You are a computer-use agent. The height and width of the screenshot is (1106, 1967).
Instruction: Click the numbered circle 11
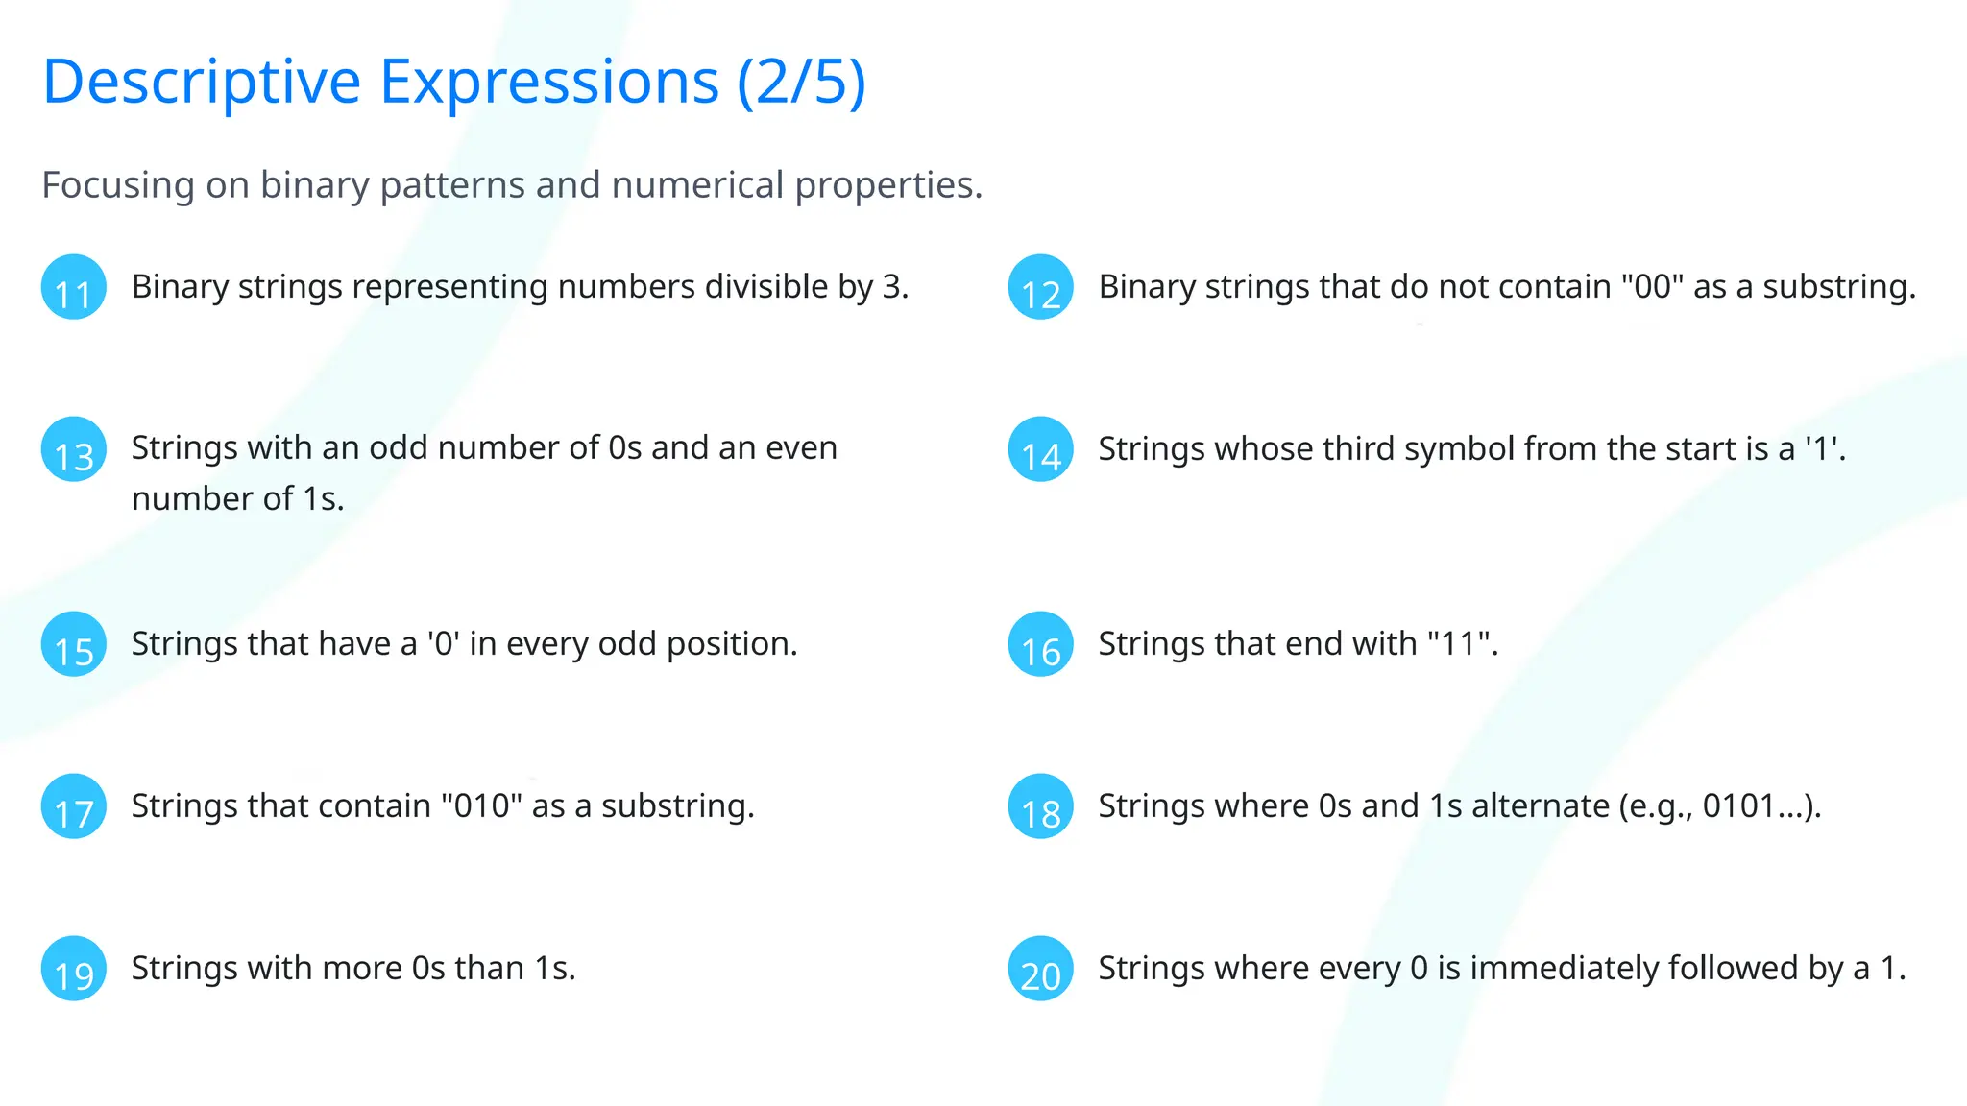[x=74, y=287]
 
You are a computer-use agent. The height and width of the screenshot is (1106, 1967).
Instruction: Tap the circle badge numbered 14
[x=1040, y=449]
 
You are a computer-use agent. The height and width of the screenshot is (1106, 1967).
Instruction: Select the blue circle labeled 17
[x=74, y=806]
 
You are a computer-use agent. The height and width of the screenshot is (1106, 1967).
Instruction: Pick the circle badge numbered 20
[x=1040, y=969]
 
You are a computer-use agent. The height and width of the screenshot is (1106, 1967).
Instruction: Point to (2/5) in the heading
[x=801, y=82]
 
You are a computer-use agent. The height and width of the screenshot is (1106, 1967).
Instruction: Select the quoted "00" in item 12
[x=1652, y=287]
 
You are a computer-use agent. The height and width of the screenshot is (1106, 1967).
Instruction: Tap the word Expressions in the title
[x=549, y=82]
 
